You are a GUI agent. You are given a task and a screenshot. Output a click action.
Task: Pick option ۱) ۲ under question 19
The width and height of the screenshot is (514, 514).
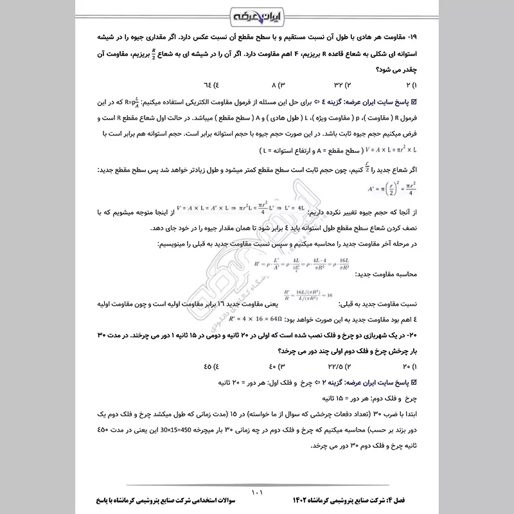(x=411, y=85)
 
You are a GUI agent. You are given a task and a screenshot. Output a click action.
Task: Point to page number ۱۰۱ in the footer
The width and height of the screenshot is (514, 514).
(x=257, y=493)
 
